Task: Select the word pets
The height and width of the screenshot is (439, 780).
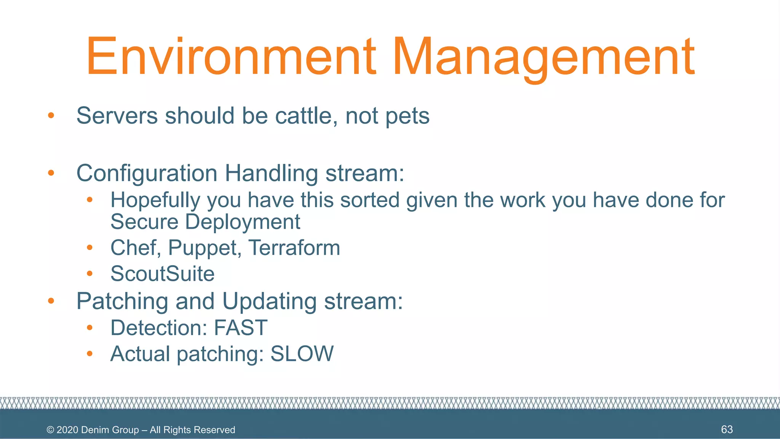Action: pos(407,116)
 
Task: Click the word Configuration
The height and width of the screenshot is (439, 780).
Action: pos(147,173)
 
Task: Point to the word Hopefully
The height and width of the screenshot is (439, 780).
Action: pos(155,200)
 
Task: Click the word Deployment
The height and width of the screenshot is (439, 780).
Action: pos(243,222)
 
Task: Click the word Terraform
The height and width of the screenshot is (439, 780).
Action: pos(294,248)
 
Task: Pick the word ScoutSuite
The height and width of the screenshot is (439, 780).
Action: pos(162,274)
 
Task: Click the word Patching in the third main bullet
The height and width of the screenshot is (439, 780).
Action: pos(122,301)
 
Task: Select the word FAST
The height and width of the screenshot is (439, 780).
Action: pos(241,328)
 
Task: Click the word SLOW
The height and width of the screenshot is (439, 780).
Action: pos(302,354)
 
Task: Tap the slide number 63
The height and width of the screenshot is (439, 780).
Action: pos(727,429)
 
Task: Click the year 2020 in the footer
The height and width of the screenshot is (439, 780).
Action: pos(67,430)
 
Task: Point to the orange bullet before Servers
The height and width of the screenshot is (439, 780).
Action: pos(51,115)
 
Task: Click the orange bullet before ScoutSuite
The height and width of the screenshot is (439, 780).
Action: pos(90,273)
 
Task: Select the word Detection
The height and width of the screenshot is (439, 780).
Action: pos(158,328)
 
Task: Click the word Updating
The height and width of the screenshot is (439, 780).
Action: pos(269,301)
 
